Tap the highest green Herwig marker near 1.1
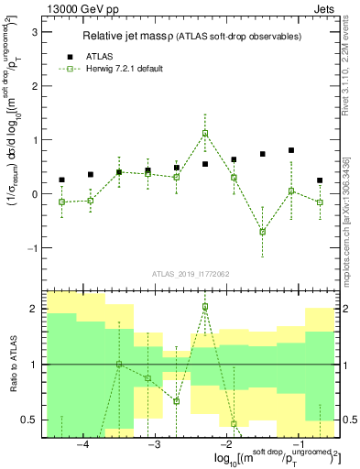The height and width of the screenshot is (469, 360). (x=205, y=133)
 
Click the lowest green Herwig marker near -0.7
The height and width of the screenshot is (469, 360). (x=262, y=231)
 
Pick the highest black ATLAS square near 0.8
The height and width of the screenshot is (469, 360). (x=291, y=150)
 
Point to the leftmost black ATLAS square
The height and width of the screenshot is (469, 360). (x=61, y=180)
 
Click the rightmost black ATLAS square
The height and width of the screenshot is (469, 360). (x=320, y=180)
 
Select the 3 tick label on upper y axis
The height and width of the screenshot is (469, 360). (x=34, y=32)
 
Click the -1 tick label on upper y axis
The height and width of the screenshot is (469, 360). (x=31, y=248)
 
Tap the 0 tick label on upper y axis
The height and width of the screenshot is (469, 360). (x=34, y=194)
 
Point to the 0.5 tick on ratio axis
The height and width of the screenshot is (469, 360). (x=29, y=420)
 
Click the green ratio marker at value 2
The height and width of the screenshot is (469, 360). (x=205, y=306)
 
